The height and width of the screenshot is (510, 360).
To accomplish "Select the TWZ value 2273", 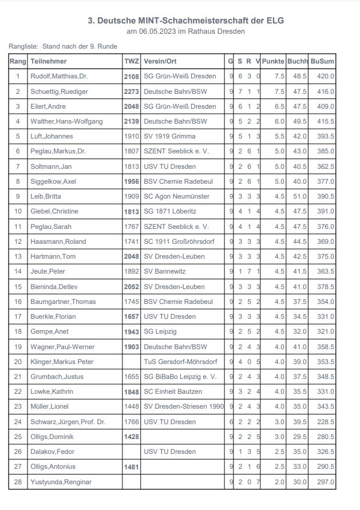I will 131,92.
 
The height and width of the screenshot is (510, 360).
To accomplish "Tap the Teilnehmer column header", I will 49,61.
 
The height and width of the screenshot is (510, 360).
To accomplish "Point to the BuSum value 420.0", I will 325,76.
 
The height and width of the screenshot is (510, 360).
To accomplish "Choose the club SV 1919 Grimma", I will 169,136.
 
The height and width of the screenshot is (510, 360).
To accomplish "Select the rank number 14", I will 18,271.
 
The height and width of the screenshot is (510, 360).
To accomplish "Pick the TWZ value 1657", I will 131,317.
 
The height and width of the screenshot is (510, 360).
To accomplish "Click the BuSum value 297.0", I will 325,482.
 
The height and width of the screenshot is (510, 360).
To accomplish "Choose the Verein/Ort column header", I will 160,61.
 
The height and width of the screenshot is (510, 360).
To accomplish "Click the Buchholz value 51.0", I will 299,196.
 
